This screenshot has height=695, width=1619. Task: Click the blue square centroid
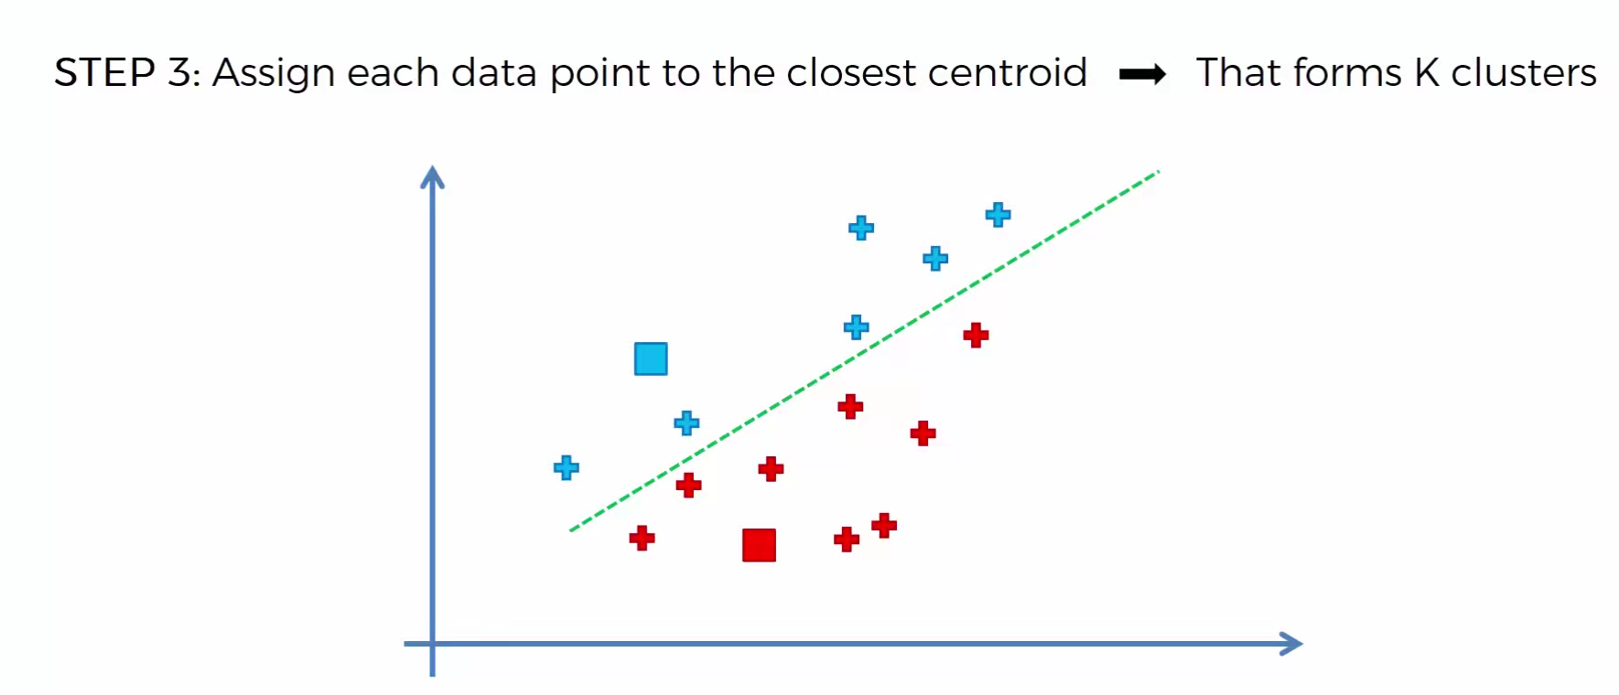click(651, 358)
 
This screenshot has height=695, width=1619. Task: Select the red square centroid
click(759, 545)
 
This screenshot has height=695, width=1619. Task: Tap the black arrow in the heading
click(1142, 74)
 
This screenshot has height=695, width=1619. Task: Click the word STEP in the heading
click(104, 73)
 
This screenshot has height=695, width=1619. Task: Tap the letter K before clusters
click(1427, 73)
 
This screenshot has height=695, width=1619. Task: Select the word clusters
click(1524, 73)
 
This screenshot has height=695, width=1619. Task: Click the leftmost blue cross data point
click(567, 468)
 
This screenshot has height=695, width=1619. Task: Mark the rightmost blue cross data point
click(998, 215)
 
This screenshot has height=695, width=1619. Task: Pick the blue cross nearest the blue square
click(686, 422)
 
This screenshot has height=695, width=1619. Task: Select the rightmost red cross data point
click(976, 336)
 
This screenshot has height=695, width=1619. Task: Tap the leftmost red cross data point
click(642, 538)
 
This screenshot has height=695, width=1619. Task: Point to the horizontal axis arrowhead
click(1292, 644)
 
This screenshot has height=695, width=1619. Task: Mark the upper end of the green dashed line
click(1159, 171)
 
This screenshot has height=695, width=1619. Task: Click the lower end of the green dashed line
click(571, 529)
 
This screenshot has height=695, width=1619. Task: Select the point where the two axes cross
click(432, 644)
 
